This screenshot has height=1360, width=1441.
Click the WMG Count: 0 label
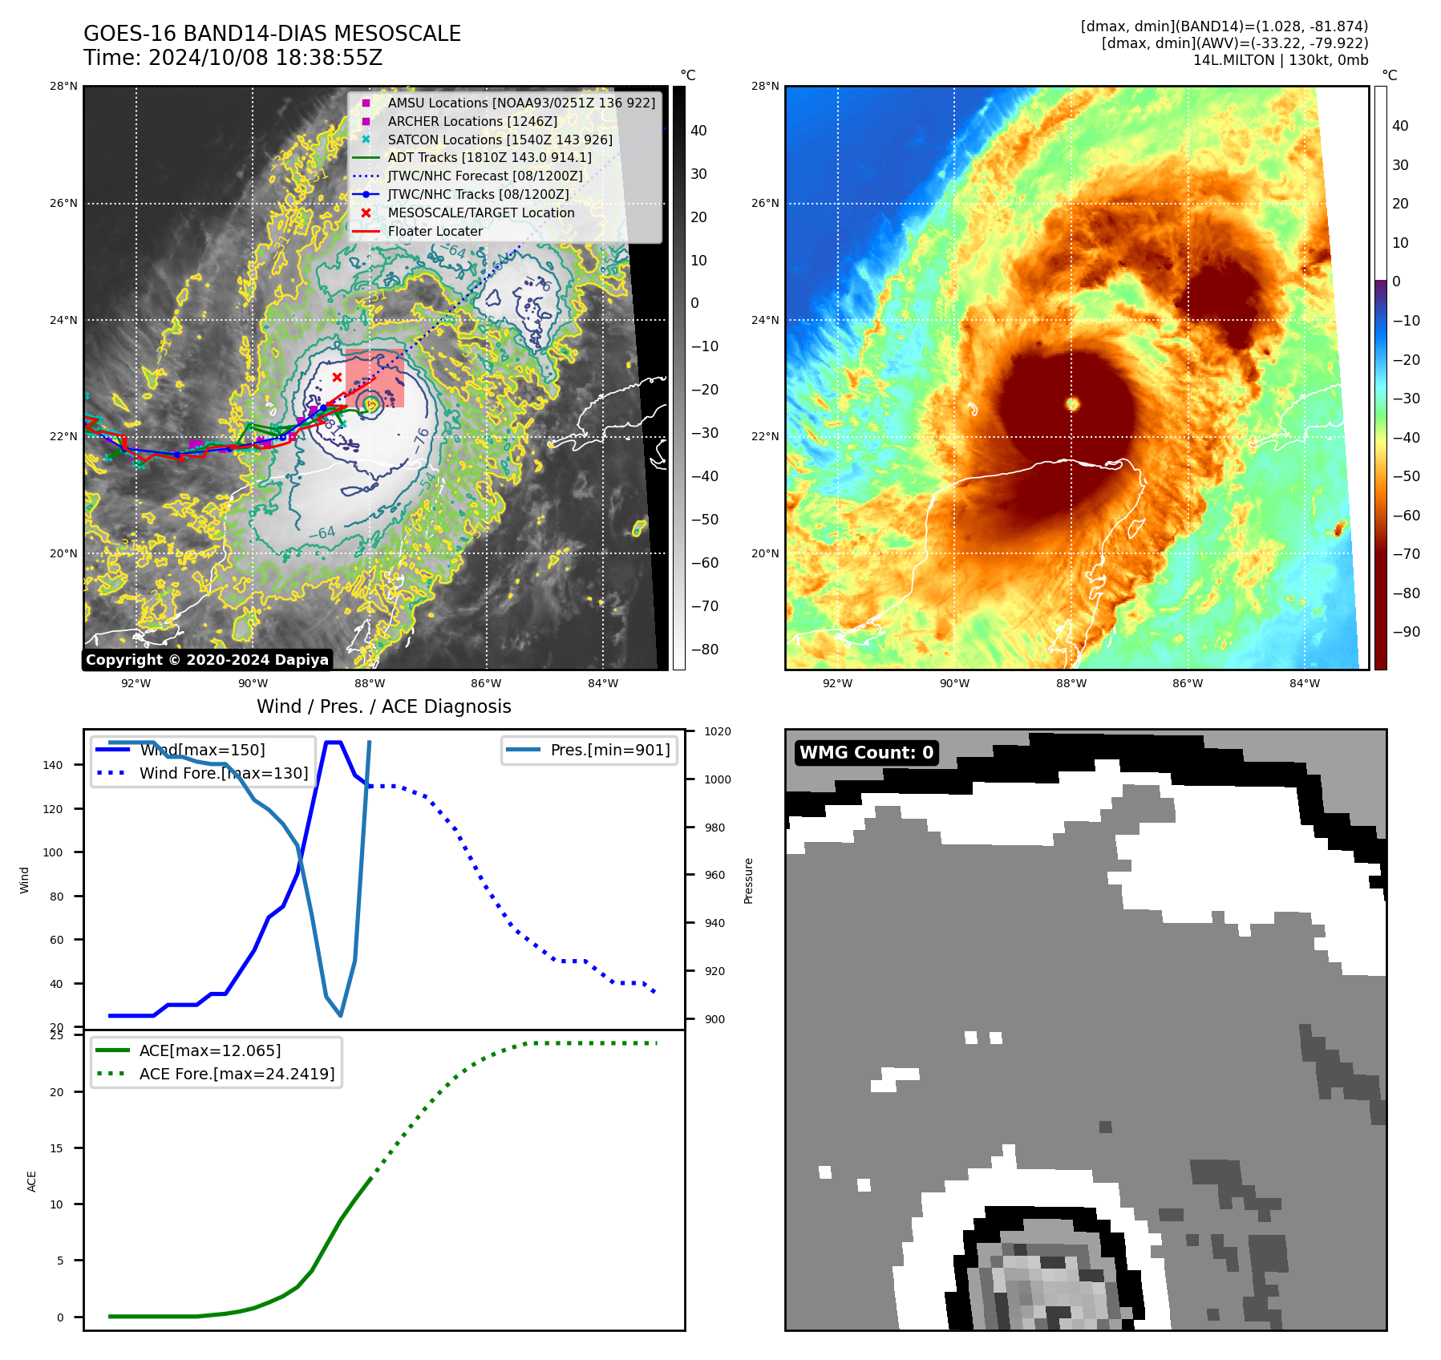[x=866, y=752]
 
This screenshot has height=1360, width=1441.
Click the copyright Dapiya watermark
[x=207, y=660]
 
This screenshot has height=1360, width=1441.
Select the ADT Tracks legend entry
[x=489, y=158]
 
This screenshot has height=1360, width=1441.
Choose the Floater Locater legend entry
[x=435, y=232]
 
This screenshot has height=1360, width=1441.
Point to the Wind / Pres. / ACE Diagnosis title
[x=383, y=706]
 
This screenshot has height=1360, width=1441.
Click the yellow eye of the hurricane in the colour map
[x=1073, y=404]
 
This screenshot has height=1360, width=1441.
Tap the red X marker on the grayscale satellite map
[x=337, y=377]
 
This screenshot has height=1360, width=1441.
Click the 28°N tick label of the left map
[x=64, y=87]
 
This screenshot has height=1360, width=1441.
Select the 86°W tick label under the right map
[x=1188, y=683]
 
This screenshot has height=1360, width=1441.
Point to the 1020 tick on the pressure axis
[x=717, y=731]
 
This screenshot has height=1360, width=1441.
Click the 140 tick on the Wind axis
[x=53, y=765]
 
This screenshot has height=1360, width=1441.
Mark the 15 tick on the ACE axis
[x=56, y=1148]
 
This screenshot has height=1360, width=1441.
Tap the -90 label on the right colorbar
[x=1406, y=632]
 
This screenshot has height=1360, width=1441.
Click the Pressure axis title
[x=748, y=880]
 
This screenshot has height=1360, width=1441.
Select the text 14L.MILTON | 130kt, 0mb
[x=1280, y=60]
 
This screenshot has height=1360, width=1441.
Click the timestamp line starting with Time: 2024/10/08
[x=233, y=58]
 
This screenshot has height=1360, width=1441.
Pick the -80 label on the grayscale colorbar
[x=705, y=650]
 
